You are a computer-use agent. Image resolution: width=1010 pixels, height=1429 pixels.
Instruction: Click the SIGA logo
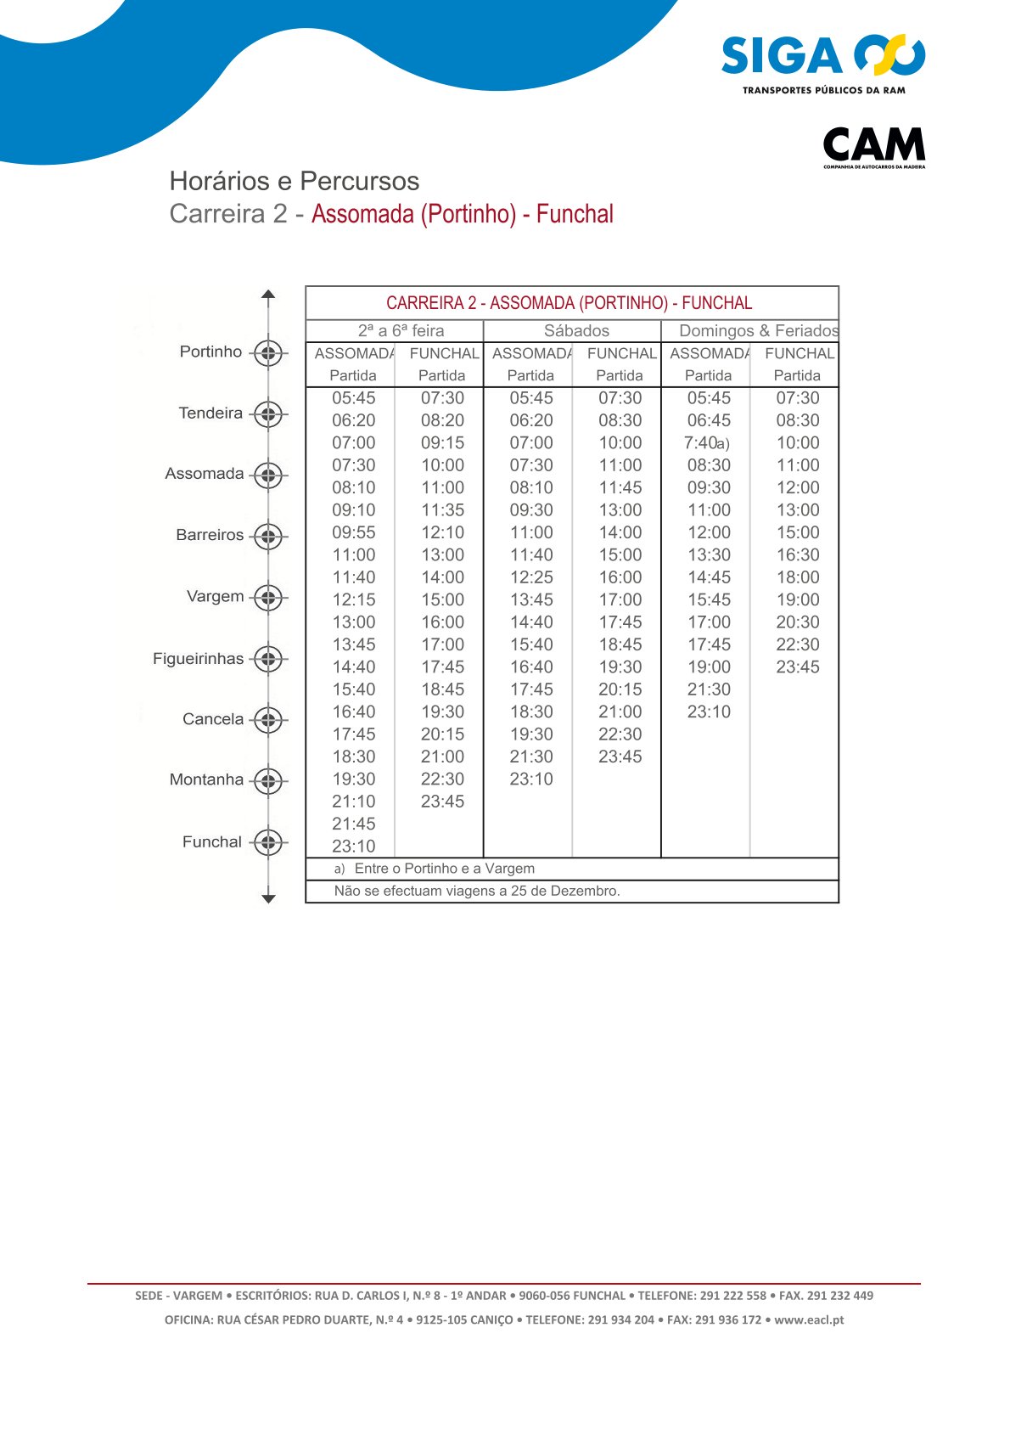pyautogui.click(x=822, y=63)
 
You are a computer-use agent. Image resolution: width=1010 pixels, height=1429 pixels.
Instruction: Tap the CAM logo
pyautogui.click(x=873, y=146)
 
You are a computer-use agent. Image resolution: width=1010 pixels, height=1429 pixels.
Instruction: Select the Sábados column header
pyautogui.click(x=576, y=331)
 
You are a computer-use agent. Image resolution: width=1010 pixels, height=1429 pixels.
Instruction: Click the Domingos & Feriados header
pyautogui.click(x=758, y=331)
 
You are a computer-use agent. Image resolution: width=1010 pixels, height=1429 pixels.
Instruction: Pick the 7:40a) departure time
pyautogui.click(x=706, y=443)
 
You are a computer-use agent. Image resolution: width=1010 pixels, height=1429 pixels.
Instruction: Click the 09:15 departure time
pyautogui.click(x=442, y=443)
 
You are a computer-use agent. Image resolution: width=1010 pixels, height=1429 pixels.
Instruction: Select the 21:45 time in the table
pyautogui.click(x=353, y=824)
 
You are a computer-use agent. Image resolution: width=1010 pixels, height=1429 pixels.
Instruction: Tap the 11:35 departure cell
pyautogui.click(x=442, y=510)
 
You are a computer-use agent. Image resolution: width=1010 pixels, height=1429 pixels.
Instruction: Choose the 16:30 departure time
pyautogui.click(x=798, y=555)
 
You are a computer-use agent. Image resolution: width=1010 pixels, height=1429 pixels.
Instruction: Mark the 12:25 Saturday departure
pyautogui.click(x=531, y=577)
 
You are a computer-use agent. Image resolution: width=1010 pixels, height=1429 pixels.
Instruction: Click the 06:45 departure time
pyautogui.click(x=709, y=420)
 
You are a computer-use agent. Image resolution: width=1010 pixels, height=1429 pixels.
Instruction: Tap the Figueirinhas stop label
pyautogui.click(x=198, y=659)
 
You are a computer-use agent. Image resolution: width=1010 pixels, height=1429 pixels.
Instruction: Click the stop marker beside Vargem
pyautogui.click(x=268, y=598)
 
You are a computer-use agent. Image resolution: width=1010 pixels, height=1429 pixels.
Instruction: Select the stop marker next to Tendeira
pyautogui.click(x=268, y=414)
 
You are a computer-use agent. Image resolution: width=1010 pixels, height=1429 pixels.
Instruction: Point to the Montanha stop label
pyautogui.click(x=206, y=779)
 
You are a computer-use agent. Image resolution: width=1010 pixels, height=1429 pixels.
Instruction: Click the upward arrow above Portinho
pyautogui.click(x=268, y=296)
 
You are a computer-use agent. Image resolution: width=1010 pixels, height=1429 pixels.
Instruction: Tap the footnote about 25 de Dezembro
pyautogui.click(x=477, y=892)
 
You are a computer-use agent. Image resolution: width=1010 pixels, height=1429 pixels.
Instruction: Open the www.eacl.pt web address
pyautogui.click(x=808, y=1320)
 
